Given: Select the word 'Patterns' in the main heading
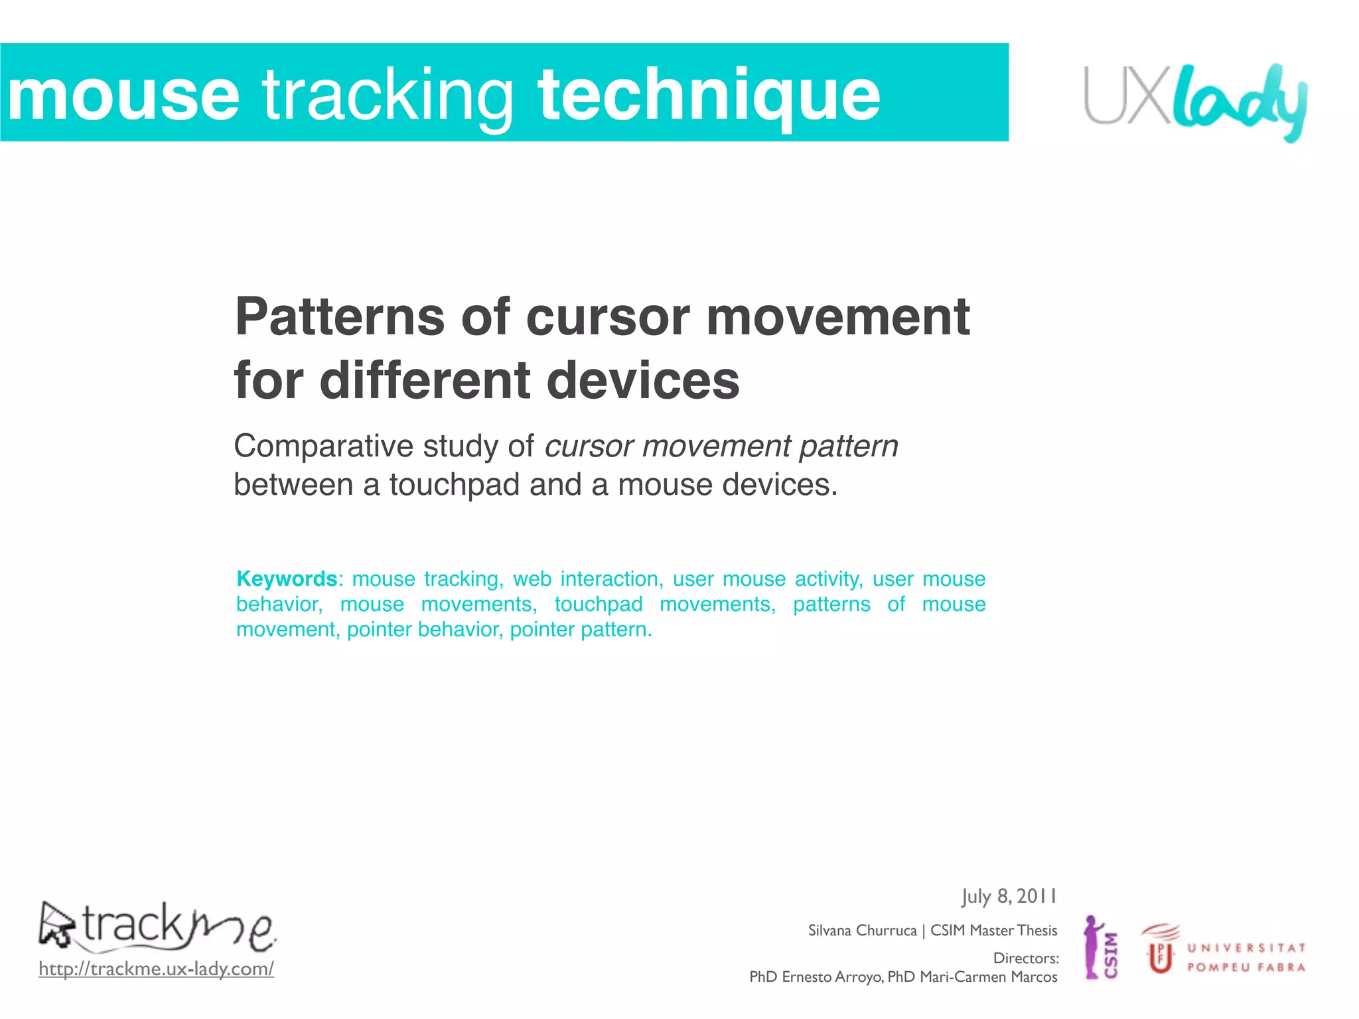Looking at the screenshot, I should coord(339,317).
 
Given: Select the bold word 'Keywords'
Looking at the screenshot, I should coord(287,579).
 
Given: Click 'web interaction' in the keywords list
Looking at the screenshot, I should coord(587,579).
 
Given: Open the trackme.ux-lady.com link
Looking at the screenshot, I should coord(156,969).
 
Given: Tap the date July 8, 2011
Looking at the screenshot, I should coord(1009,897).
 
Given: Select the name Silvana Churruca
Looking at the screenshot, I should coord(862,931).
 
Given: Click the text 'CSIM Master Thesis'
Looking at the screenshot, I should coord(993,931).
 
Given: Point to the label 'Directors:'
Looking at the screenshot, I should coord(1025,959).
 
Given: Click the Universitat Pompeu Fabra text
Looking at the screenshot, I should coord(1246,957).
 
